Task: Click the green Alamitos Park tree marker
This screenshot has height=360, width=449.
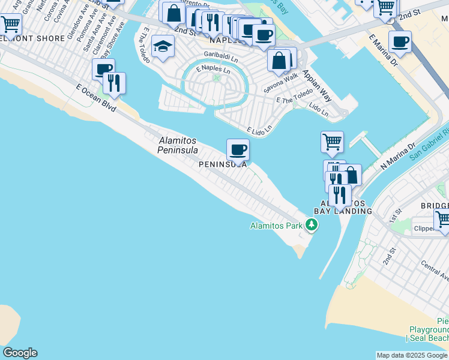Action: click(311, 226)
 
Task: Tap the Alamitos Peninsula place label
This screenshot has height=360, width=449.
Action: click(178, 145)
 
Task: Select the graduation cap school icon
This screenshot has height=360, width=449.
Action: click(163, 47)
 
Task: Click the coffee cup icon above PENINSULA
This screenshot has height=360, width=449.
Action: click(238, 149)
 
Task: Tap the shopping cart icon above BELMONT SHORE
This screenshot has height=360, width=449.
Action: click(10, 25)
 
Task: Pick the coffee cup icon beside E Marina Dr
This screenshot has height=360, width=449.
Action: click(400, 41)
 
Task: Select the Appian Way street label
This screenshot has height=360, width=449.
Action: click(318, 84)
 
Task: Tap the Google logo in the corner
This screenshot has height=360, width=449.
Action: click(20, 353)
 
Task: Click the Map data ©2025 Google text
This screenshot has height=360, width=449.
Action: click(412, 355)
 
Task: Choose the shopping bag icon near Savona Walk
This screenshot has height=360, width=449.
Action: click(279, 60)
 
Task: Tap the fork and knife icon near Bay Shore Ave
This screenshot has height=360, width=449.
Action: click(113, 82)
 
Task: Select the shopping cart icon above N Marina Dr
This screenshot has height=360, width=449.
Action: click(332, 142)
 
